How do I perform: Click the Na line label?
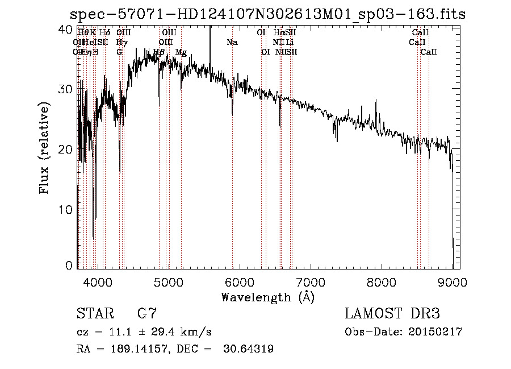tap(232, 43)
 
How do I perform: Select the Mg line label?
tap(181, 52)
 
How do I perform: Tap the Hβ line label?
tap(159, 52)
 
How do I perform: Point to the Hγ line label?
tap(122, 43)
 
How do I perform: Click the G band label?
tap(119, 52)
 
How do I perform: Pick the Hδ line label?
tap(104, 33)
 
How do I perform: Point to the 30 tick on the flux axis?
tap(66, 89)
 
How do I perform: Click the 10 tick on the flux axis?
tap(66, 209)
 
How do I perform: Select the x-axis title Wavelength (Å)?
tap(267, 297)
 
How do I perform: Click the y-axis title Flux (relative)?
tap(44, 148)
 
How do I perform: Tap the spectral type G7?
tap(147, 314)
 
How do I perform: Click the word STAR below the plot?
tap(94, 314)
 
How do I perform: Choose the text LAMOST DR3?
tap(392, 314)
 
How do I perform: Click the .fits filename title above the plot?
tap(267, 14)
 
